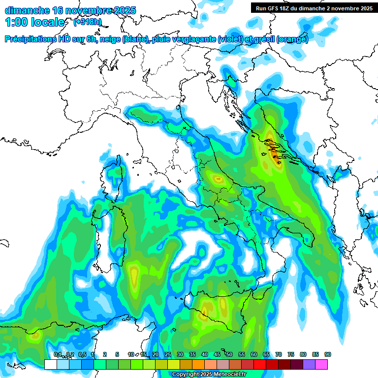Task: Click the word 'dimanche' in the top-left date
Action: tap(27, 10)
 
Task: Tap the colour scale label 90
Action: tap(328, 354)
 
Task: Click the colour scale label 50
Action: tap(229, 354)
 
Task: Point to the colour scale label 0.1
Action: tap(57, 354)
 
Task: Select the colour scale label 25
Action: tap(168, 354)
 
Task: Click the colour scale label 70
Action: tap(279, 354)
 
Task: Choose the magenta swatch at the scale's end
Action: tap(321, 364)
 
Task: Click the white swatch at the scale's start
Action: tap(51, 364)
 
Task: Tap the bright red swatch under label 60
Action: tap(260, 364)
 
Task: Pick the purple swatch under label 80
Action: tap(309, 364)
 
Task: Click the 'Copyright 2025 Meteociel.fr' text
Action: tap(209, 375)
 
